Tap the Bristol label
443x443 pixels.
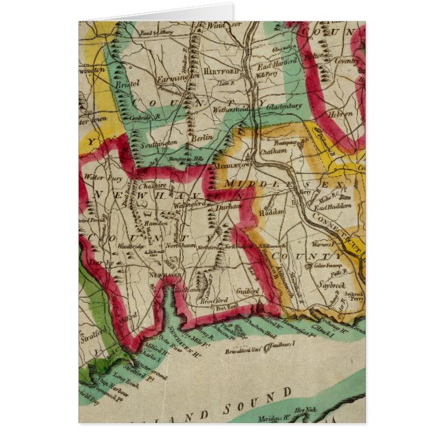[127, 83]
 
